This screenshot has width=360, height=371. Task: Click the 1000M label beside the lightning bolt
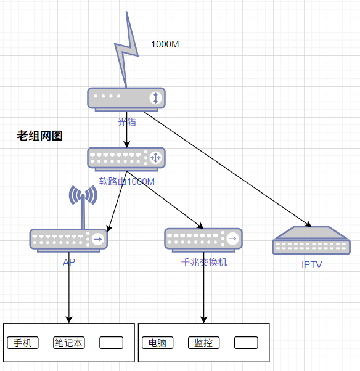coord(165,44)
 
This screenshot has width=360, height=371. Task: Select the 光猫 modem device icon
coord(126,100)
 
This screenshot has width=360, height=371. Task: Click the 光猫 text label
coord(127,122)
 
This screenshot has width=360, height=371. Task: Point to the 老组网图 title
coord(40,136)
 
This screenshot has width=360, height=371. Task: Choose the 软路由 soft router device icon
coord(126,159)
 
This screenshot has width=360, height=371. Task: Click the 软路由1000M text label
coord(127,182)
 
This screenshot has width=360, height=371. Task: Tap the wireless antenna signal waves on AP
coord(83,195)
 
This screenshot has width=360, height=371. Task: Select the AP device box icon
coord(68,240)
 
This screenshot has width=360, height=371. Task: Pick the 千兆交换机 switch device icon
coord(203,240)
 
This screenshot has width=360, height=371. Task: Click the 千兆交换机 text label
coord(204,262)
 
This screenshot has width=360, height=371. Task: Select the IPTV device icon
coord(311,240)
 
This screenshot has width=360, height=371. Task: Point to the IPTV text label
coord(312,264)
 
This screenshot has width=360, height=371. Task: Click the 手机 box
coord(23,343)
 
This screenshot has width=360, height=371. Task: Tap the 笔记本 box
coord(69,343)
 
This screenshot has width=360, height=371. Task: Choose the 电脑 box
coord(158,343)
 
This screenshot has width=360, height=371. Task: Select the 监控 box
coord(204,343)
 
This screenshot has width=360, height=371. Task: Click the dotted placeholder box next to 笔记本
coord(111,343)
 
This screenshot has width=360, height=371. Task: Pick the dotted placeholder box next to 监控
coord(246,343)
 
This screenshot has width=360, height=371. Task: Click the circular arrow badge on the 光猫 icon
coord(155,98)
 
